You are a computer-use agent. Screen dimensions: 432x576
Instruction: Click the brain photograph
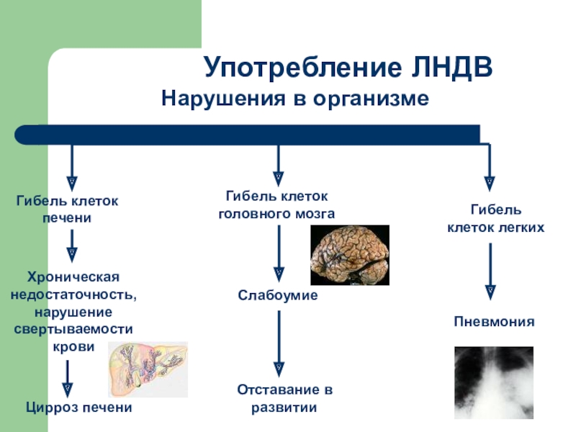click(x=349, y=255)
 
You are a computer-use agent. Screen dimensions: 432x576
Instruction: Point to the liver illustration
click(x=148, y=369)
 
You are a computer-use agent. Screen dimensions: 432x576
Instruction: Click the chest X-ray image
click(x=493, y=382)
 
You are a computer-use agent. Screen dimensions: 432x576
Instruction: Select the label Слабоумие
click(x=278, y=296)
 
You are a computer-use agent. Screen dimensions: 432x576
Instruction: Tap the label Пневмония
click(x=493, y=322)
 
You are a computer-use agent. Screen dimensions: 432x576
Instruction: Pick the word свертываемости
click(x=73, y=329)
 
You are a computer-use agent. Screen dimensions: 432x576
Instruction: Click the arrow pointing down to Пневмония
click(x=491, y=271)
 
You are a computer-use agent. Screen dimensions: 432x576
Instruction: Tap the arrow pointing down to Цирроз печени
click(x=68, y=378)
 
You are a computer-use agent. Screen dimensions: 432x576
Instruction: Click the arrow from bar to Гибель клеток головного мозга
click(x=279, y=166)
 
